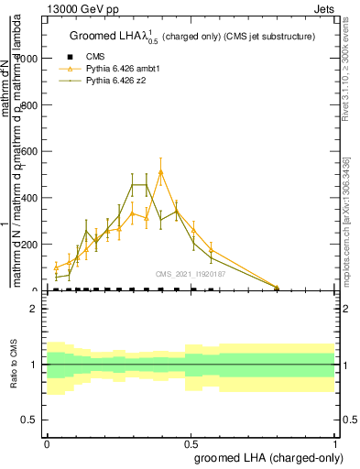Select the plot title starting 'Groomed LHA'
point(192,37)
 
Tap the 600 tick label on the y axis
point(34,151)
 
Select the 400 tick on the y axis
point(34,198)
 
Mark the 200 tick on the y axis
point(34,245)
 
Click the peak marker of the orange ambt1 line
point(161,172)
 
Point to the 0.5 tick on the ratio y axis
point(33,420)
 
